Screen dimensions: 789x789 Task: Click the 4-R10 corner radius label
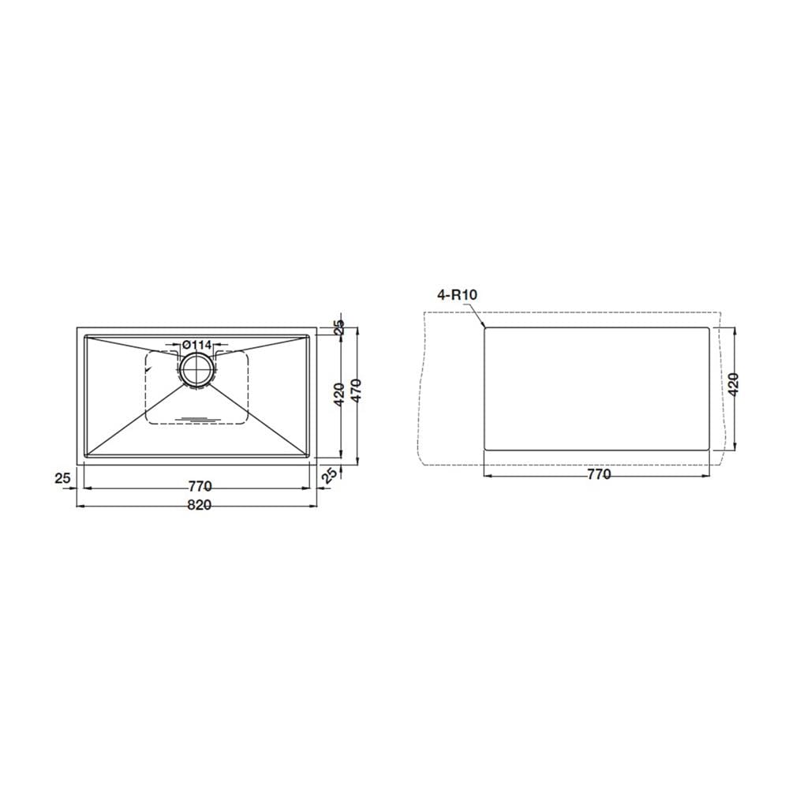(x=457, y=294)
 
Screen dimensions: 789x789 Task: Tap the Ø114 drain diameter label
(x=196, y=345)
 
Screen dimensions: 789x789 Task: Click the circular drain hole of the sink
(x=197, y=370)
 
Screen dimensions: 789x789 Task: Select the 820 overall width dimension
(x=200, y=505)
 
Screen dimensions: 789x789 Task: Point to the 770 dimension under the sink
(x=200, y=487)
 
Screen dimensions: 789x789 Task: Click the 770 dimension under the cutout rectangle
(x=599, y=474)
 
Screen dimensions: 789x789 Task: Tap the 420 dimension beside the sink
(x=339, y=394)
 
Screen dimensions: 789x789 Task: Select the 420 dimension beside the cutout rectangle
(x=733, y=384)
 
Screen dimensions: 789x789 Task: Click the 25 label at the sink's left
(x=62, y=477)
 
